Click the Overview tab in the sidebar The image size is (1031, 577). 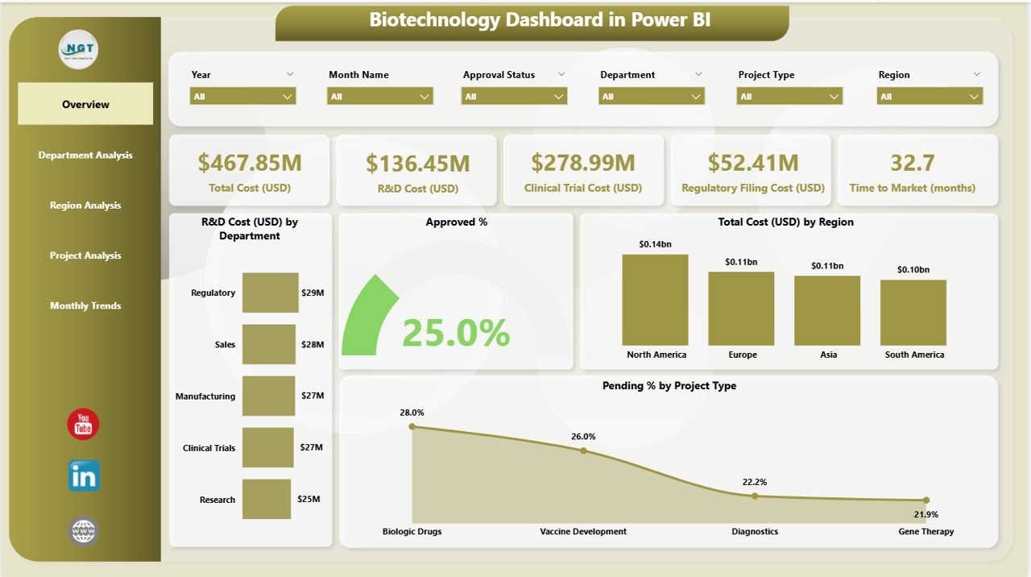[85, 104]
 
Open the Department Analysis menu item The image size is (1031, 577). [85, 155]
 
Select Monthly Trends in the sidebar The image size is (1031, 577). [85, 305]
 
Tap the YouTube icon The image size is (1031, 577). [83, 424]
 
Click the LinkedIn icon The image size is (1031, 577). [84, 476]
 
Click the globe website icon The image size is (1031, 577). [84, 530]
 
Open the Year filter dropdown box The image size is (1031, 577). [243, 97]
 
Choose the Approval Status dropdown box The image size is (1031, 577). [514, 97]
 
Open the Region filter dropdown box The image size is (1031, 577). [930, 97]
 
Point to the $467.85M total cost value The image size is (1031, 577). [250, 164]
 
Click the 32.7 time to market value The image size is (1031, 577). [912, 164]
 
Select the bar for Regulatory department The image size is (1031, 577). [270, 293]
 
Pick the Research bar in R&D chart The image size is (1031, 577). [266, 499]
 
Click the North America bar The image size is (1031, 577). [656, 300]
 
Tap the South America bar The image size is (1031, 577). [913, 313]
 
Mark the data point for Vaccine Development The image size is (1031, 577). [583, 451]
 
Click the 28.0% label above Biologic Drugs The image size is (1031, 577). [412, 413]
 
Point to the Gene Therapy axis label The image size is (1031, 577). [926, 532]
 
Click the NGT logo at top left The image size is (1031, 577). [78, 49]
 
